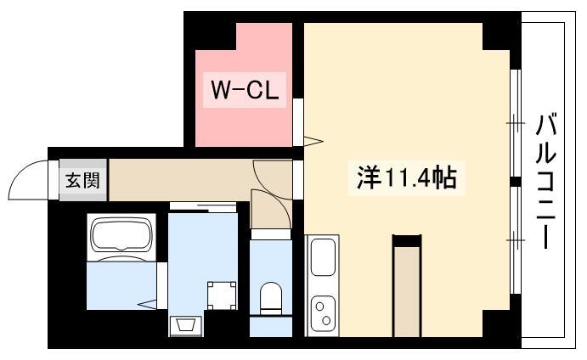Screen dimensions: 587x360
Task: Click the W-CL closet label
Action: coord(245,90)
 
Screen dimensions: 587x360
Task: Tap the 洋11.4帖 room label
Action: coord(407,178)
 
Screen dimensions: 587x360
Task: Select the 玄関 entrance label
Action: coord(82,180)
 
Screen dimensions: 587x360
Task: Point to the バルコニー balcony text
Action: coord(546,181)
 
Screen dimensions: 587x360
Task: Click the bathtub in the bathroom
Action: coord(121,236)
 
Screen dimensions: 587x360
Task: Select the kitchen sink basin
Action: coord(323,257)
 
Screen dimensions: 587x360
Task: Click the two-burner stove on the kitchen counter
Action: coord(323,313)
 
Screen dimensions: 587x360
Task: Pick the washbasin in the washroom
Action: coord(186,326)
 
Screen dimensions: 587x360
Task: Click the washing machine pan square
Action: coord(222,295)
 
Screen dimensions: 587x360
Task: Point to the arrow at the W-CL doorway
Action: coord(313,141)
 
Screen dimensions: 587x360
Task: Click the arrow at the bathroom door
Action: coord(147,304)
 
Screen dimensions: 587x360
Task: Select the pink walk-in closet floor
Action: coord(244,98)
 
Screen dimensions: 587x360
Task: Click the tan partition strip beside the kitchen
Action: coord(407,291)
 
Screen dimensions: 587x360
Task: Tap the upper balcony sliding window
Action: coord(516,123)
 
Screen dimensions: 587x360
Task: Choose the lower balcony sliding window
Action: coord(516,240)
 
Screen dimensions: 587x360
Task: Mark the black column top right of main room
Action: coord(496,37)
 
